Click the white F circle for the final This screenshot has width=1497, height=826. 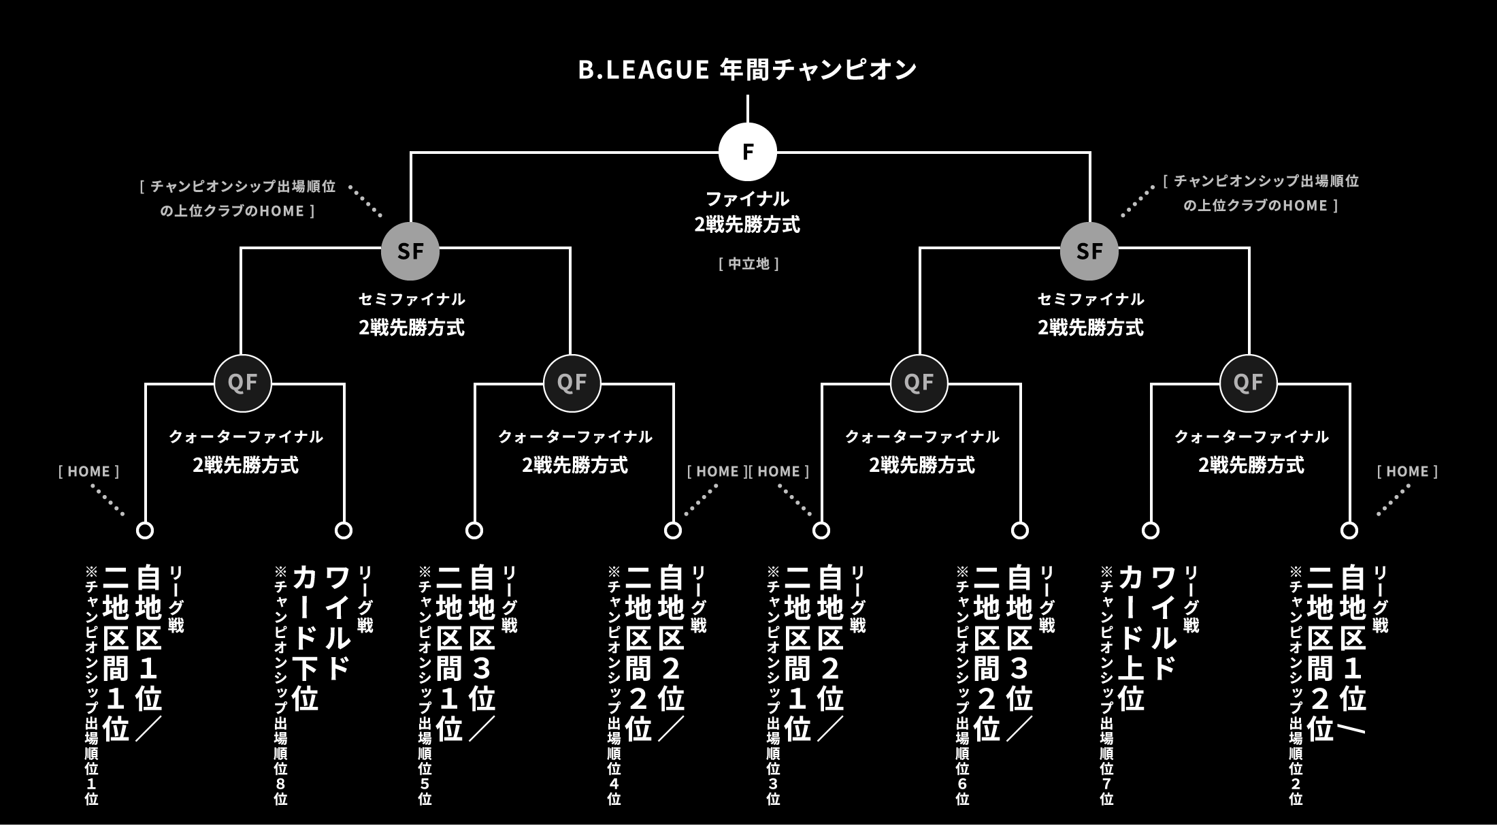pyautogui.click(x=748, y=152)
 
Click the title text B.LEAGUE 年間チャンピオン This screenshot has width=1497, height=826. pyautogui.click(x=747, y=69)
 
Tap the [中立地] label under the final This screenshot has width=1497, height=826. pyautogui.click(x=748, y=264)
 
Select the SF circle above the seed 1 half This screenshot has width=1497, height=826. pyautogui.click(x=410, y=251)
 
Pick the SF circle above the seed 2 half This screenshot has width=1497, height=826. pyautogui.click(x=1089, y=251)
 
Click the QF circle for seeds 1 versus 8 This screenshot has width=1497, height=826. pyautogui.click(x=243, y=383)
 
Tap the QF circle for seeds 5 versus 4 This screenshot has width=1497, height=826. pyautogui.click(x=572, y=383)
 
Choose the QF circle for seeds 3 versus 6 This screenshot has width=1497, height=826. pyautogui.click(x=919, y=383)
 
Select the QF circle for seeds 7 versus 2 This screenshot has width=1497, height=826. pyautogui.click(x=1249, y=383)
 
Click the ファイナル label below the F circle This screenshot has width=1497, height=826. pyautogui.click(x=747, y=199)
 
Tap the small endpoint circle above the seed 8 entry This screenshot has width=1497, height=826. pyautogui.click(x=344, y=530)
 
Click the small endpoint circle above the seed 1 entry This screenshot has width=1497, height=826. pyautogui.click(x=145, y=530)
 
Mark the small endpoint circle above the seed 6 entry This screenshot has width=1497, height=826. pyautogui.click(x=1020, y=530)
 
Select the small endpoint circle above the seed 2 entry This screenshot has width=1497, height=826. pyautogui.click(x=1349, y=530)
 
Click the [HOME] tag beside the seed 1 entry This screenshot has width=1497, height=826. pyautogui.click(x=89, y=471)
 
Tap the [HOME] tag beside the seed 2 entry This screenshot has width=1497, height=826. pyautogui.click(x=1407, y=471)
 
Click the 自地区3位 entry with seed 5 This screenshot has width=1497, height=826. pyautogui.click(x=466, y=654)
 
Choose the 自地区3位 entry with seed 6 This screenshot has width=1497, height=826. pyautogui.click(x=1004, y=654)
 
